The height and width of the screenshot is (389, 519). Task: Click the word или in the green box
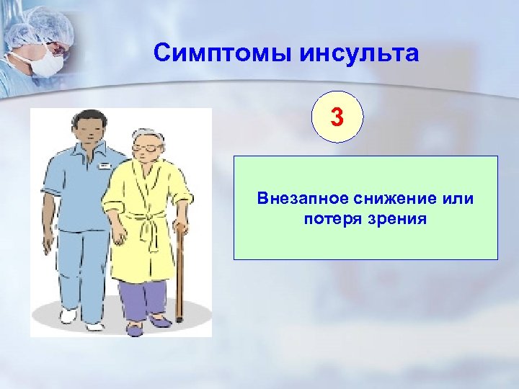(x=460, y=199)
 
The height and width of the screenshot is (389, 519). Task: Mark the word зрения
(x=397, y=218)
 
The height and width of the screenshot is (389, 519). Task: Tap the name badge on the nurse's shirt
(x=105, y=166)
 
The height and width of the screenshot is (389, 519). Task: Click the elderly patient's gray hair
(x=148, y=135)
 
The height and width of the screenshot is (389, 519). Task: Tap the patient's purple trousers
(x=145, y=299)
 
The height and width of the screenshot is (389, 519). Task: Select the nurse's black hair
(x=85, y=117)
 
